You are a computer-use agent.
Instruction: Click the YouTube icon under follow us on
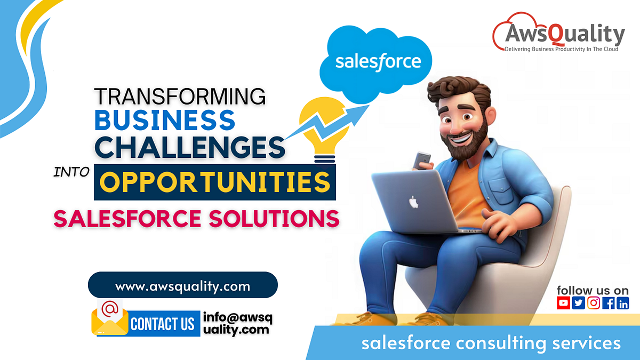(563, 303)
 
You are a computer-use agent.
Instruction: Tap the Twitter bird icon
(578, 303)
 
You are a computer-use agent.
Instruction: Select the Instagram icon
(593, 303)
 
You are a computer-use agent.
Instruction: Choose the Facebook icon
(608, 303)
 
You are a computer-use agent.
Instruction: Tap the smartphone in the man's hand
(422, 159)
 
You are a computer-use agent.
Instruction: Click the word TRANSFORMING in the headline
(180, 96)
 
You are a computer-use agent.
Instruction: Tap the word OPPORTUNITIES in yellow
(214, 182)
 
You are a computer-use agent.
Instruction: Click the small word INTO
(72, 172)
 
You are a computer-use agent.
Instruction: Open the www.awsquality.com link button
(182, 286)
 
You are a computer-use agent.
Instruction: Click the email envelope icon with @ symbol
(109, 318)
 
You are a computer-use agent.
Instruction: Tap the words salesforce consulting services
(491, 342)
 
